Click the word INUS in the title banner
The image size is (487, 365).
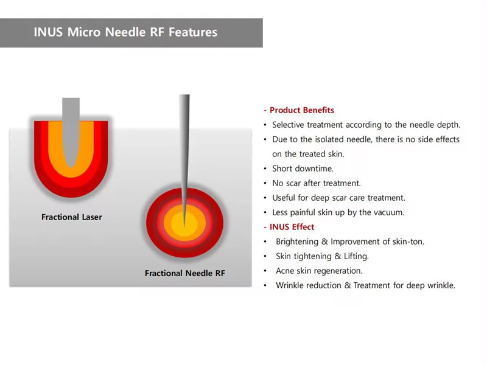48,32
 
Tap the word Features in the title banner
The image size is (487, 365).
193,32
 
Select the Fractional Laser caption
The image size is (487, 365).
72,217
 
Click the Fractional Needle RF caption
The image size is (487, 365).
185,273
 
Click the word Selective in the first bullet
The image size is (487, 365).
288,125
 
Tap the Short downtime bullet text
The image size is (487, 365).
303,169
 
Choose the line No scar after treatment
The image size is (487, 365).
317,183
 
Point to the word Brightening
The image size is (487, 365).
297,242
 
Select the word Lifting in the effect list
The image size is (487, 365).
356,256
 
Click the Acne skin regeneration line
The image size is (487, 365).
319,271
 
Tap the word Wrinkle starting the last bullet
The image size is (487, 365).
289,285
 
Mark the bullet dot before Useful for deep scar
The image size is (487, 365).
265,198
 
